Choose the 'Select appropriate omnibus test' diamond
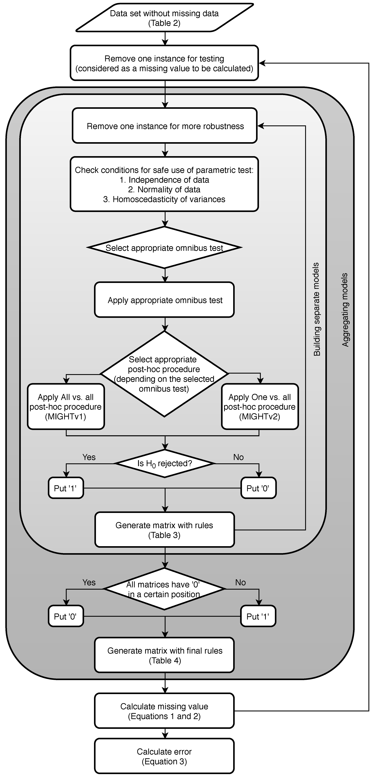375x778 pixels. coord(164,248)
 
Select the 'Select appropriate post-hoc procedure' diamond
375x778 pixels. coord(164,374)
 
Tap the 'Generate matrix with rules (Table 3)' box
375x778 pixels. coord(164,530)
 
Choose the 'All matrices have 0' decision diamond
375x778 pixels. coord(164,589)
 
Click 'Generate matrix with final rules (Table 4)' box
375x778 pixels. coord(164,655)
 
